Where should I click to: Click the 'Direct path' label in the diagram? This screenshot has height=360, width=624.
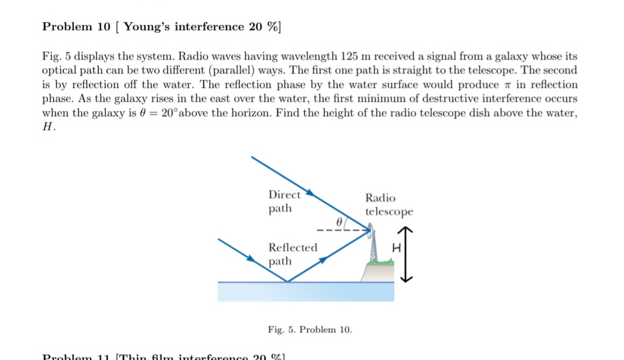pyautogui.click(x=284, y=202)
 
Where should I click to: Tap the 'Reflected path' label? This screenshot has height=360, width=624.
pyautogui.click(x=292, y=254)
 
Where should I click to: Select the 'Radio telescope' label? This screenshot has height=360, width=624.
pyautogui.click(x=389, y=205)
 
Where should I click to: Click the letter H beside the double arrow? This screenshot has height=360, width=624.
pyautogui.click(x=396, y=247)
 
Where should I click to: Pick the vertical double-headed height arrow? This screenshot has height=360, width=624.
pyautogui.click(x=407, y=254)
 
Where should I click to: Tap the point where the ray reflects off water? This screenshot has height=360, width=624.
pyautogui.click(x=288, y=281)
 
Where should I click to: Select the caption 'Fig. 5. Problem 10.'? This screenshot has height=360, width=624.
pyautogui.click(x=310, y=329)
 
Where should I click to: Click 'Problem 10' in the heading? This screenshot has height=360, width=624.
pyautogui.click(x=75, y=27)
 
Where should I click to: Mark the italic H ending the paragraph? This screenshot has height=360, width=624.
pyautogui.click(x=47, y=127)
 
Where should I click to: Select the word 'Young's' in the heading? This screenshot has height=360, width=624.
pyautogui.click(x=148, y=27)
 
